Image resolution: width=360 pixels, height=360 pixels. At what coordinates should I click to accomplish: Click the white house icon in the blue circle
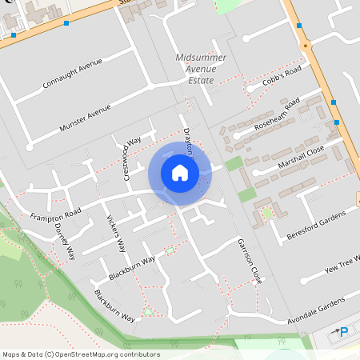tap(179, 172)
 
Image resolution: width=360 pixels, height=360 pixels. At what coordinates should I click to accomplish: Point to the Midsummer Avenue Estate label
tap(201, 70)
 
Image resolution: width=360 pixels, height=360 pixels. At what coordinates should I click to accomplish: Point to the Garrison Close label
tap(249, 261)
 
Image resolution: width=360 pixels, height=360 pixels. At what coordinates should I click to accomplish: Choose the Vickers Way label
tap(116, 229)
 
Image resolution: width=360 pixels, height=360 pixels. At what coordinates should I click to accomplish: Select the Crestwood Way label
tap(131, 157)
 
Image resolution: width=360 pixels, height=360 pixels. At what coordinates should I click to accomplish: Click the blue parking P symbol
tap(344, 332)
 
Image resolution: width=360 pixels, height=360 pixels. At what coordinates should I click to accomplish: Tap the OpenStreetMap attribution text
tap(81, 354)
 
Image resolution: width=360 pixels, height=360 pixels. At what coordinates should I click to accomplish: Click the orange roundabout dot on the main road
tap(304, 46)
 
